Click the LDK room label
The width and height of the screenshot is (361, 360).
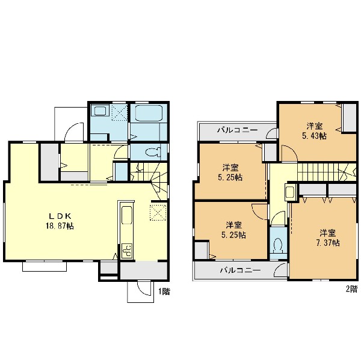click(60, 216)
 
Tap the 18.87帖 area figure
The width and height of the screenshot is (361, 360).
click(60, 226)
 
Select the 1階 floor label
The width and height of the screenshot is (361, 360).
click(164, 291)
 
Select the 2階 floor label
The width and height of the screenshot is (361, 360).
click(352, 289)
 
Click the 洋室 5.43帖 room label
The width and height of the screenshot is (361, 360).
click(314, 131)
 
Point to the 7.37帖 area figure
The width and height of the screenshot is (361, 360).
click(328, 243)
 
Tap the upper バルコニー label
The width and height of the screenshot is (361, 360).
click(238, 130)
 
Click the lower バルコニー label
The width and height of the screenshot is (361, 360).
click(240, 270)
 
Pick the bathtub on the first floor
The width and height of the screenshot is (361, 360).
click(149, 113)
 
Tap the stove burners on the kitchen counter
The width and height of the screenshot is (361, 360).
click(127, 251)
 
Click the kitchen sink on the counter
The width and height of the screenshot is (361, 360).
click(126, 215)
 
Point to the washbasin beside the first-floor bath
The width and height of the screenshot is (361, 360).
click(100, 111)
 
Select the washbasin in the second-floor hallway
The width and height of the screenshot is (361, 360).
click(289, 192)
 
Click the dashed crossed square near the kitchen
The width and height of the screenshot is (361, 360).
click(158, 213)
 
